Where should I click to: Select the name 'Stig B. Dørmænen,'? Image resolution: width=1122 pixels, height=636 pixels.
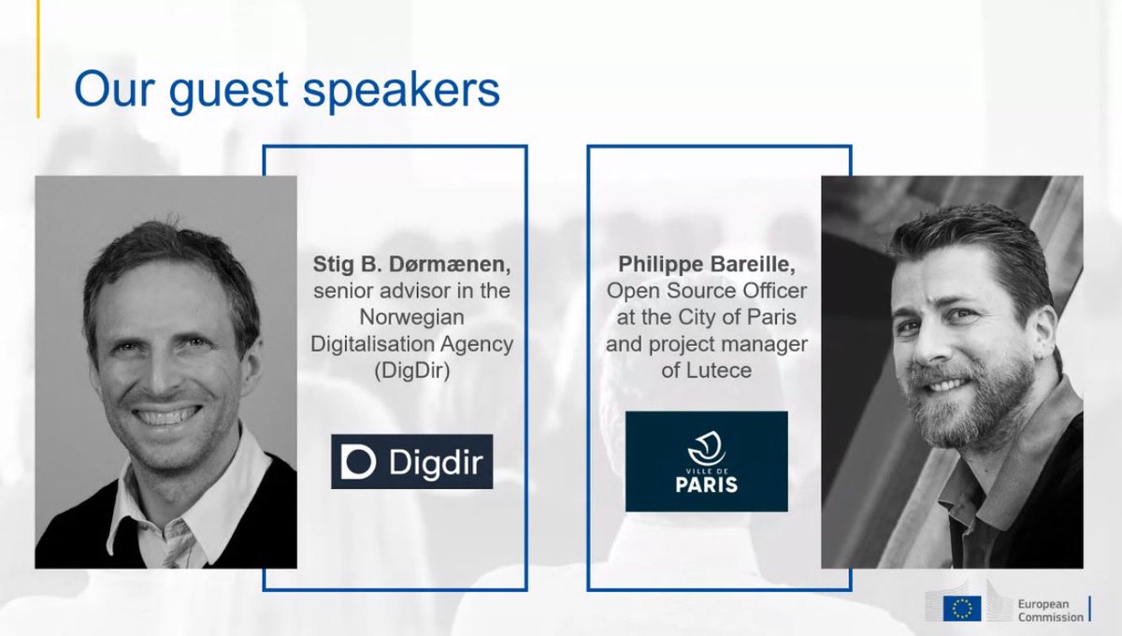point(411,266)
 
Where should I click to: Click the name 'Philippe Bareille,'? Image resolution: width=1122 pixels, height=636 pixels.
point(707,266)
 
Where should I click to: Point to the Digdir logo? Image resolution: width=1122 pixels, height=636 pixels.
point(411,461)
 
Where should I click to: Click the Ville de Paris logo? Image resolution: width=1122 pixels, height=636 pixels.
point(707,461)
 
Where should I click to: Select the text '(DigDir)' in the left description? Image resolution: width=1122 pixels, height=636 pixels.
point(411,371)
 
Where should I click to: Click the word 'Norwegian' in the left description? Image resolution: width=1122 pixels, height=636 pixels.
point(411,318)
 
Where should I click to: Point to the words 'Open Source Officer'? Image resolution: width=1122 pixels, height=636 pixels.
point(707,292)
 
